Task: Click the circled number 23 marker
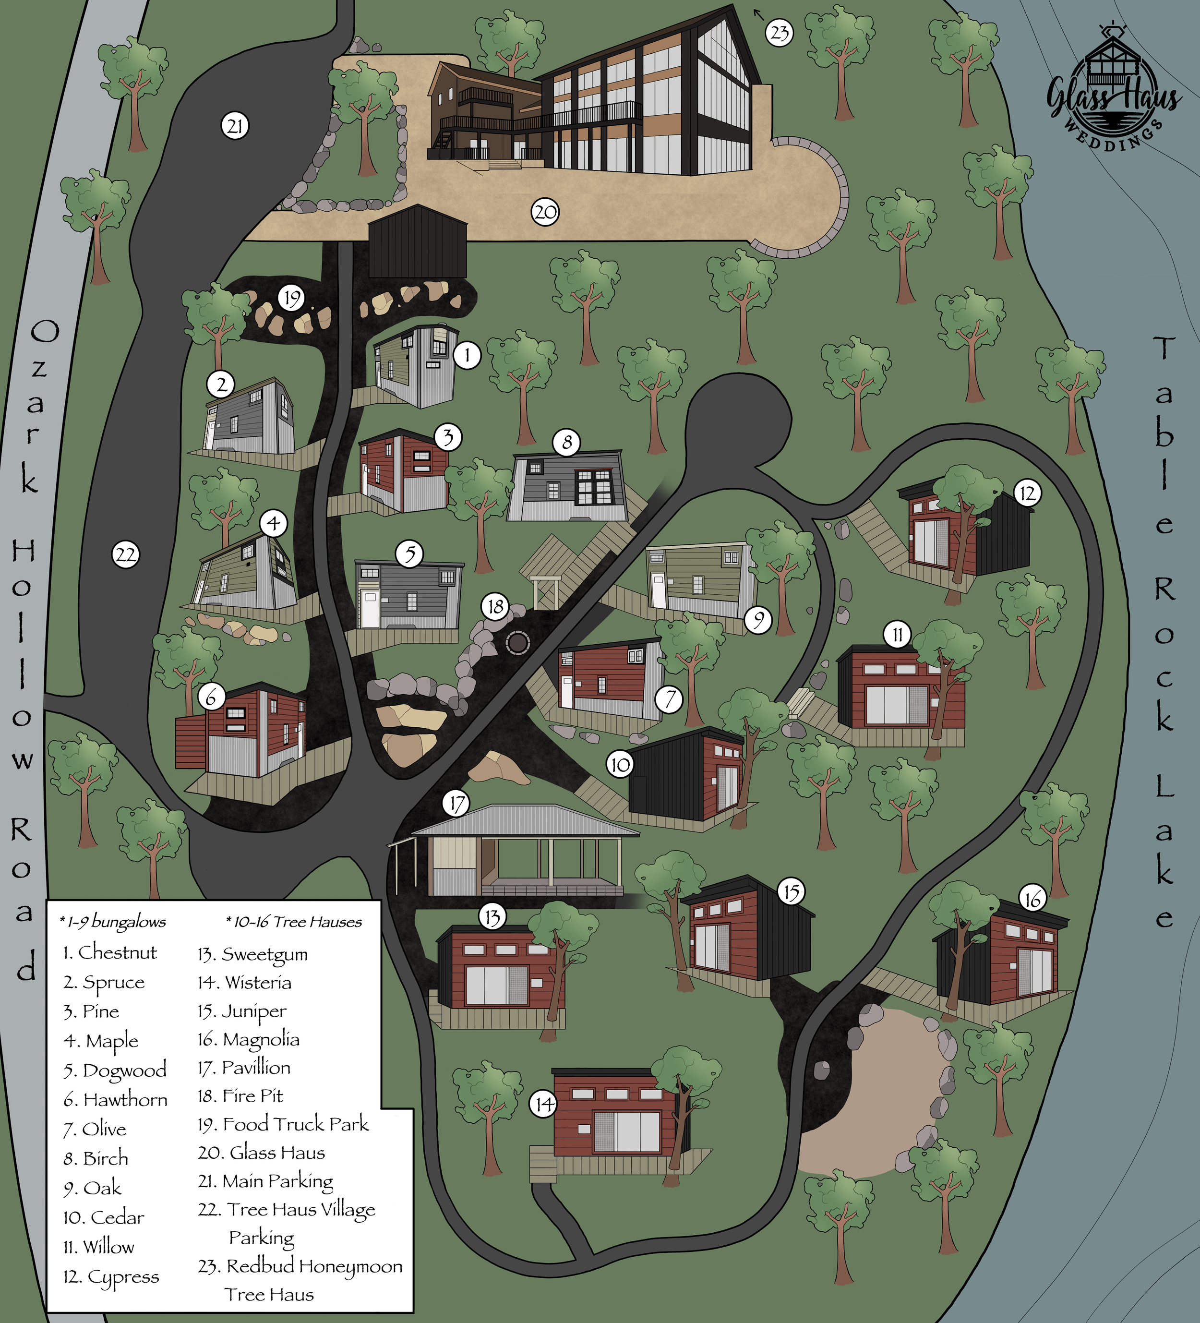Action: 780,33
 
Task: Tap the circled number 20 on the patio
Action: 544,212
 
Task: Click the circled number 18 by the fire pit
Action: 495,607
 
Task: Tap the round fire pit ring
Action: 517,642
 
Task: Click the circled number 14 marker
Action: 543,1105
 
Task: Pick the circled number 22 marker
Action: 125,555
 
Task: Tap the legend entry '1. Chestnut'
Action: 110,952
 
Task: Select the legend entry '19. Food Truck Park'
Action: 283,1125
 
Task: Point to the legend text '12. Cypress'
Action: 111,1277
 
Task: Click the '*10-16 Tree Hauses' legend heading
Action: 294,922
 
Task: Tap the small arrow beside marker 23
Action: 759,12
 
